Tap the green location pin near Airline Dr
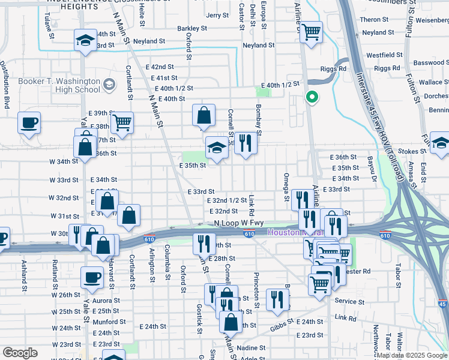coord(312,97)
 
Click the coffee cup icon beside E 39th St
coord(29,123)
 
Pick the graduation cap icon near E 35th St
coord(217,147)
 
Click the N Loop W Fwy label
coord(238,223)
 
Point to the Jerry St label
coord(217,16)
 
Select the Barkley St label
coord(191,28)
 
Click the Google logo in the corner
coord(20,353)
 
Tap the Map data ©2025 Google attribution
coord(412,355)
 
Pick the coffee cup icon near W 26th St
coord(92,277)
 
